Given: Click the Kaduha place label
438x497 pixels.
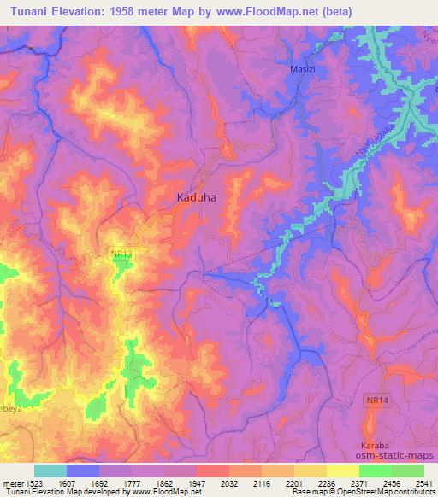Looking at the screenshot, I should tap(196, 197).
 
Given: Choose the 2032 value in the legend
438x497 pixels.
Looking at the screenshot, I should tap(229, 482).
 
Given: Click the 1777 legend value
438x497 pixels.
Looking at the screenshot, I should tap(133, 482).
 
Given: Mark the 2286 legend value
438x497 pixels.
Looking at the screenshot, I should tap(327, 482).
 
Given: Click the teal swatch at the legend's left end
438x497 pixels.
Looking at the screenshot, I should tap(50, 471).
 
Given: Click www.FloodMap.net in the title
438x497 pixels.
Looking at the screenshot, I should tap(275, 11).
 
